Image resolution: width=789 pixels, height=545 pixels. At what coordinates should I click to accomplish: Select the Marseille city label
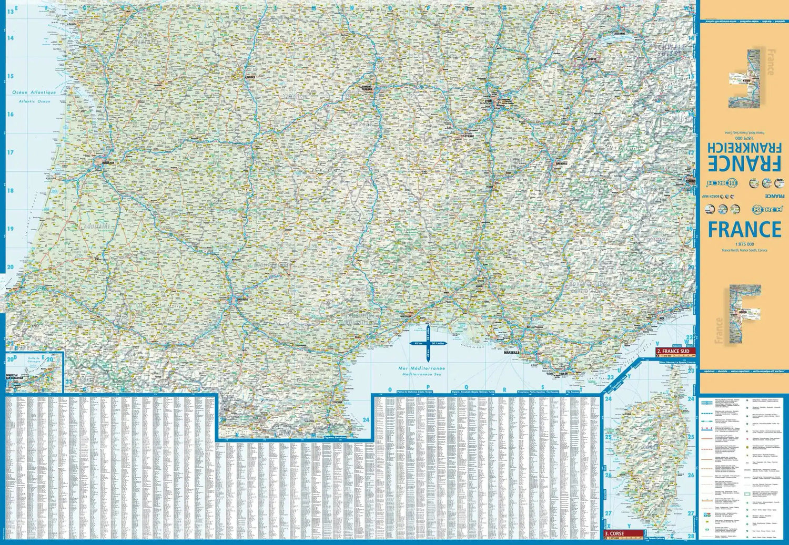pyautogui.click(x=511, y=353)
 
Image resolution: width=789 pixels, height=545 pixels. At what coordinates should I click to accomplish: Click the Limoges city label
pyautogui.click(x=250, y=77)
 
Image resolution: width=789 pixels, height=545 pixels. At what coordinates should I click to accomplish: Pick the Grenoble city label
pyautogui.click(x=561, y=163)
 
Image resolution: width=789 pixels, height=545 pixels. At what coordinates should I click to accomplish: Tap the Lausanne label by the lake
pyautogui.click(x=620, y=34)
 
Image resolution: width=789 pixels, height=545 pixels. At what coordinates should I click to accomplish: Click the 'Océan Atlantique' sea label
pyautogui.click(x=34, y=92)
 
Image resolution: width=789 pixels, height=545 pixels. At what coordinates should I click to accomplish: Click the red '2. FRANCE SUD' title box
pyautogui.click(x=675, y=351)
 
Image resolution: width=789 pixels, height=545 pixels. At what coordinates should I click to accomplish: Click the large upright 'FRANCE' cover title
pyautogui.click(x=744, y=230)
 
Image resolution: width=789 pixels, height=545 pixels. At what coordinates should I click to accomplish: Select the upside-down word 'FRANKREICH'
pyautogui.click(x=744, y=147)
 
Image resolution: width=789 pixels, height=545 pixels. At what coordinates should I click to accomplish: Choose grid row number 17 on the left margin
pyautogui.click(x=10, y=152)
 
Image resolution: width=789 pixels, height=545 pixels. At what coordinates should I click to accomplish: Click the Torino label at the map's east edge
pyautogui.click(x=690, y=181)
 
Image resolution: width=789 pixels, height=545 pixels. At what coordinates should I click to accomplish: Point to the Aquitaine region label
pyautogui.click(x=98, y=227)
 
